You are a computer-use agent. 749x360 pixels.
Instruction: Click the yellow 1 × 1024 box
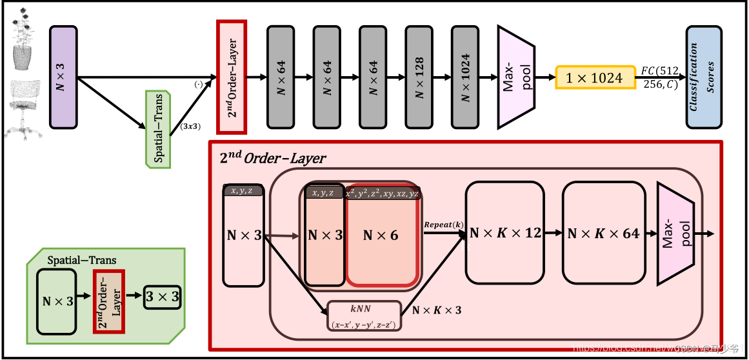(594, 77)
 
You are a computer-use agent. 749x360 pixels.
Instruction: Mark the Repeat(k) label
(443, 224)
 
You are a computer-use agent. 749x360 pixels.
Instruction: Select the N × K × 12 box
(505, 233)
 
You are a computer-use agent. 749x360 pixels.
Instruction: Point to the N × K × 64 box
(603, 233)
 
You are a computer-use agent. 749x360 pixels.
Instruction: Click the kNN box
(365, 316)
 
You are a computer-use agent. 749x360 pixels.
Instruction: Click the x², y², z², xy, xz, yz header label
(382, 193)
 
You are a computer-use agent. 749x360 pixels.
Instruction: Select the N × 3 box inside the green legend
(56, 301)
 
